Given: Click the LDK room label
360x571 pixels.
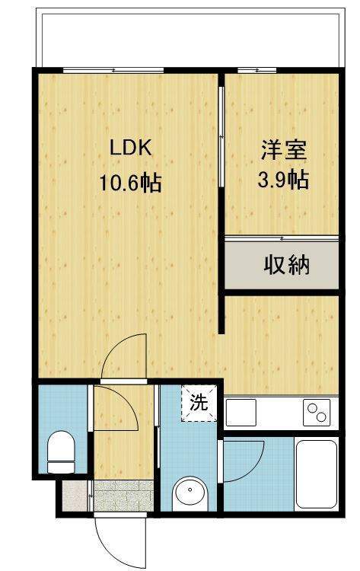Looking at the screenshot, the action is pos(130,148).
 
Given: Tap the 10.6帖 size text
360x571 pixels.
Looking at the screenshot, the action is pos(131,183).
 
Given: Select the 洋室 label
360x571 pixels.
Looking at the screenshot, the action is pos(284,150).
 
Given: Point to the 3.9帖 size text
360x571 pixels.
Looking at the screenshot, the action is pos(284,180).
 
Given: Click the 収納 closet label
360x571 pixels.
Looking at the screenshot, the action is pos(286,265).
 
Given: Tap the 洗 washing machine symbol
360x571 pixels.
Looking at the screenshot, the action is pos(199,403).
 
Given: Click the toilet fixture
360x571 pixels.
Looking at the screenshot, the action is pos(61,451).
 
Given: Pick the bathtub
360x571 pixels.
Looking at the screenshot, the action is pos(317,474).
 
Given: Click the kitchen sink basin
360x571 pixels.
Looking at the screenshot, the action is pos(241,412).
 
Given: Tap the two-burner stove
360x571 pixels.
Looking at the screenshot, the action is pos(317,412).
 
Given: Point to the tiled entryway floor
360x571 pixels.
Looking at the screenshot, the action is pos(123,496).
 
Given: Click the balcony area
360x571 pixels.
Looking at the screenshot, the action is pos(190,40).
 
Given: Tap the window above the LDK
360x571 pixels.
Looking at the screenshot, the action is pos(113,70).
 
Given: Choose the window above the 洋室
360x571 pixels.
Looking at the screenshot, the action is pos(257,70).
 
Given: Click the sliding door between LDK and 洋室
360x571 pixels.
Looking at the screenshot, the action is pos(221,136).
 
